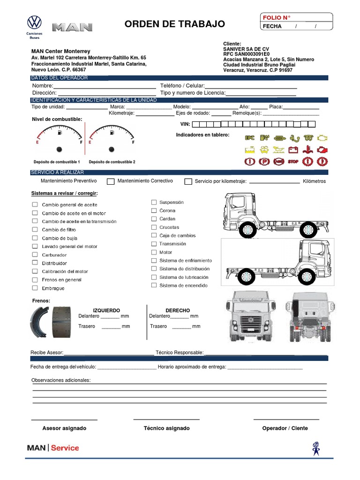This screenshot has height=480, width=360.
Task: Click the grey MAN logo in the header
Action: pos(72,28)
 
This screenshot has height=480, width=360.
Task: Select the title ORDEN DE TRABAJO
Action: pos(174,24)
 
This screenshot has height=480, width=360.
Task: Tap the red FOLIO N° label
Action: pos(277,18)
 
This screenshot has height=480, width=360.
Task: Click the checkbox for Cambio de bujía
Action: pos(35,238)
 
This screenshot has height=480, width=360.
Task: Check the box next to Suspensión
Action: pos(154,202)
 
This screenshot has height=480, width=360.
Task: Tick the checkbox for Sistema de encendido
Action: pos(154,285)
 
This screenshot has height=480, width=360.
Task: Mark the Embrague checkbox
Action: pos(35,288)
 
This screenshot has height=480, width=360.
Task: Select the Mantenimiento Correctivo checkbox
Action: pos(111,181)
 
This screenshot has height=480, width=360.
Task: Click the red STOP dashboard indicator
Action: pos(293,162)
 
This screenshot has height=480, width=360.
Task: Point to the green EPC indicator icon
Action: pos(249,138)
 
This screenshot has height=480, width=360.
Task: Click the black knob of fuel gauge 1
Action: pos(59,150)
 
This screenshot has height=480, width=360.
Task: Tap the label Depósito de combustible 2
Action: pos(112,162)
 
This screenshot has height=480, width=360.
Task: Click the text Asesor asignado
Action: pos(64,428)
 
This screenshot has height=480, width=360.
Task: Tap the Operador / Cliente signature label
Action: pos(285,428)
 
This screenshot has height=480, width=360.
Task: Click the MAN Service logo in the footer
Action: pos(53,448)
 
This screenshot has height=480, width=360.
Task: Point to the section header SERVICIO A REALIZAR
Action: pos(57,172)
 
